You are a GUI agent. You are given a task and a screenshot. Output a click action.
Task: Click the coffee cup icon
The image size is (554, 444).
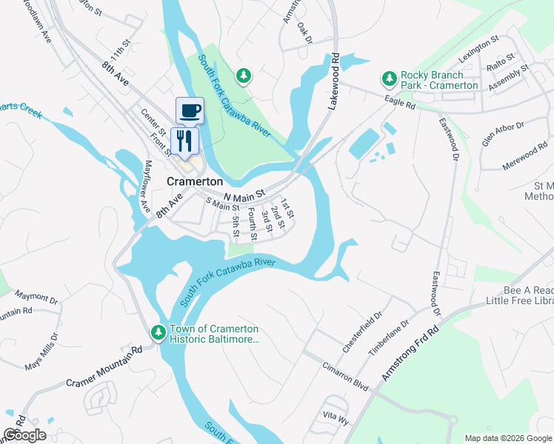pos(190,111)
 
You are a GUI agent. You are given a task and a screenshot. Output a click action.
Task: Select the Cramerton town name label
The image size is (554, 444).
pos(195,181)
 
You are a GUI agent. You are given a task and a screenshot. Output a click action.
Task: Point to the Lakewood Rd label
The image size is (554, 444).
pos(333,82)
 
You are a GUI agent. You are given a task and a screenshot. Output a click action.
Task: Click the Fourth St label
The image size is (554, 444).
pos(252,225)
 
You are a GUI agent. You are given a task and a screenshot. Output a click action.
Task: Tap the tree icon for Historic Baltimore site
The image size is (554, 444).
pos(158,334)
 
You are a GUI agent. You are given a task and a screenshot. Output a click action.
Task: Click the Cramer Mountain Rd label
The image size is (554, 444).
pos(104,366)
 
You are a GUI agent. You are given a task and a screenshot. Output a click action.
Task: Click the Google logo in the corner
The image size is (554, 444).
pos(24,435)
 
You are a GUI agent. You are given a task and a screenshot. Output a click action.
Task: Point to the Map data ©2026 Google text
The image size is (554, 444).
pos(508,438)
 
